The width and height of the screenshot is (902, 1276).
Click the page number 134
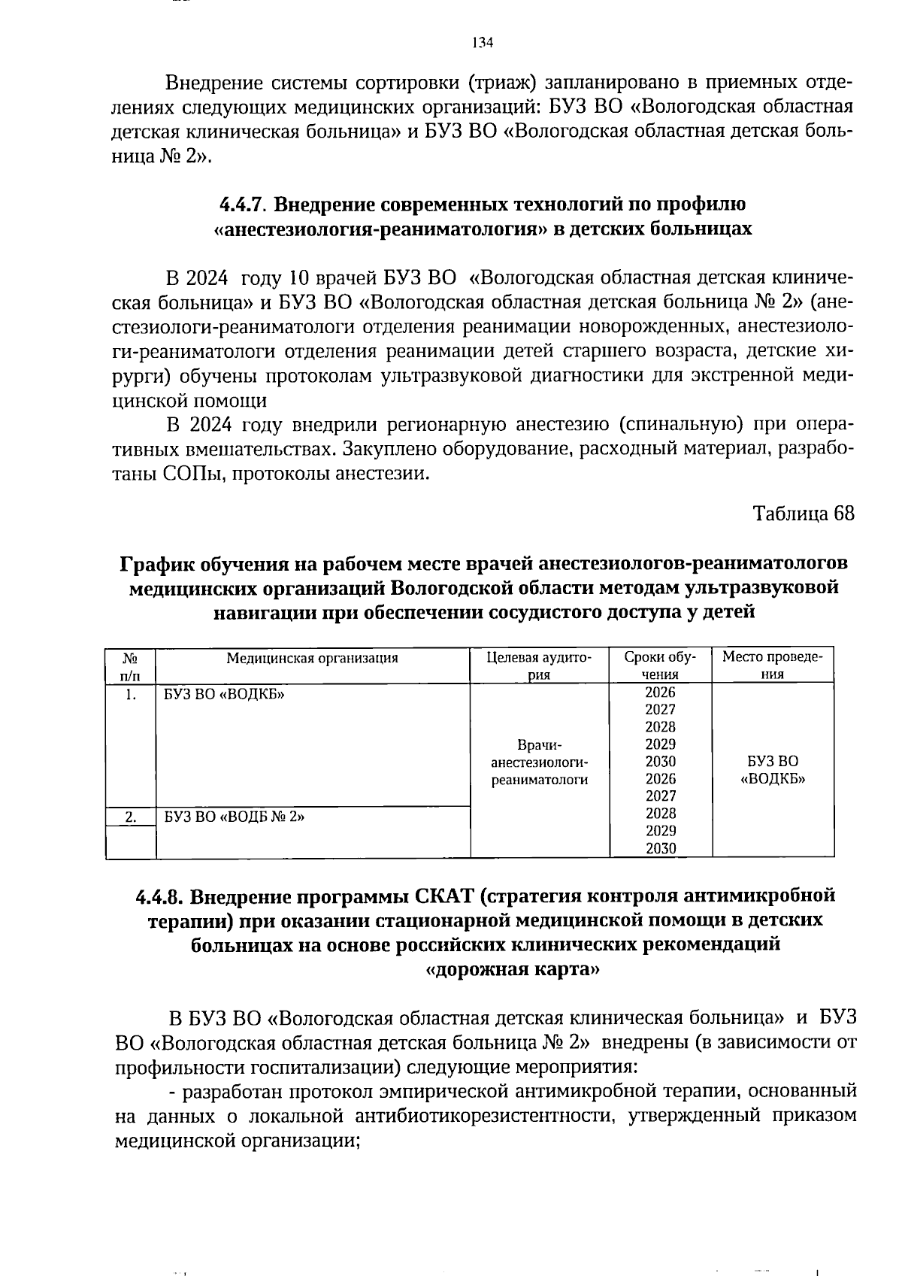[x=482, y=43]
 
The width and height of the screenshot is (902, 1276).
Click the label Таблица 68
[x=803, y=514]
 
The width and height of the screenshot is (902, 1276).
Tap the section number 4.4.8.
[x=160, y=897]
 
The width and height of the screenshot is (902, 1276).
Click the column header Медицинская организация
[x=312, y=658]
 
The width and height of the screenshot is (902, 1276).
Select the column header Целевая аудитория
[x=539, y=665]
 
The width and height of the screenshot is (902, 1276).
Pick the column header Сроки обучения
[x=660, y=665]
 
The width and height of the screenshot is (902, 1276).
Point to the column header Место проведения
[x=773, y=665]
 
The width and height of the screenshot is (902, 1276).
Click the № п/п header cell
[x=130, y=665]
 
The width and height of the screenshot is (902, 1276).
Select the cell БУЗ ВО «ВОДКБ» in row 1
[x=225, y=695]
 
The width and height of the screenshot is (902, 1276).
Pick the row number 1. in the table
[x=130, y=695]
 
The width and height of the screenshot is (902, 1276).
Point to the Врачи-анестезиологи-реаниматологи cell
[x=539, y=762]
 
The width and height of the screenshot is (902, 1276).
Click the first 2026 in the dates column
[x=660, y=693]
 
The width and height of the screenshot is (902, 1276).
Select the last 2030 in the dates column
[x=660, y=848]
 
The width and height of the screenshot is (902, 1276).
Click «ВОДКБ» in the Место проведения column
[x=773, y=779]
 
